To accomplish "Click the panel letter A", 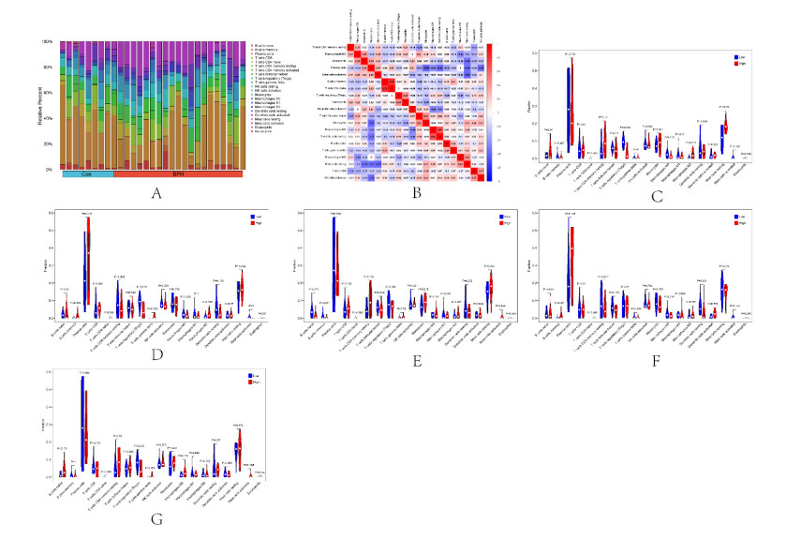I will [156, 194].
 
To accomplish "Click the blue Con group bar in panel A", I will [87, 174].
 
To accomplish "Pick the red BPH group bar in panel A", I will [178, 174].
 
